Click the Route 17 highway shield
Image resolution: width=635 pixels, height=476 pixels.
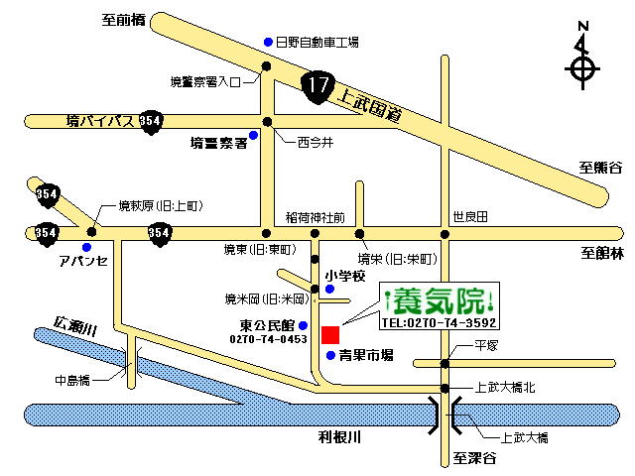tap(317, 87)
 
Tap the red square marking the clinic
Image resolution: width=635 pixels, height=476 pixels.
tap(330, 335)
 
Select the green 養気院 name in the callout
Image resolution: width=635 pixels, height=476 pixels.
tap(439, 301)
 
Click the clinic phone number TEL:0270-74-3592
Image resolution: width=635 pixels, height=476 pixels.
tap(439, 322)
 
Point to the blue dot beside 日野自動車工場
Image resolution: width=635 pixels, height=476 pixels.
tap(268, 42)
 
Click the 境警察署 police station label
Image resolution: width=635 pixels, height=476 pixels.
tap(218, 143)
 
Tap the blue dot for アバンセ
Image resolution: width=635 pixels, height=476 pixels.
tap(86, 247)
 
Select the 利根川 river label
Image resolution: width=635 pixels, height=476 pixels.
tap(339, 437)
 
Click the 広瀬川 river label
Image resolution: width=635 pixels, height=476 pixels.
tap(75, 325)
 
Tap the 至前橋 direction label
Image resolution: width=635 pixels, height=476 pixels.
tap(123, 20)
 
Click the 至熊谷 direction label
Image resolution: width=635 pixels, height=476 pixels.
tap(600, 168)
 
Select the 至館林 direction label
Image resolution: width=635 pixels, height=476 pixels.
tap(602, 254)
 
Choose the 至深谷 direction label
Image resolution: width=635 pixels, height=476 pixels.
tap(474, 458)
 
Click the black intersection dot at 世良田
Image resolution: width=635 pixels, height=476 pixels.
tap(444, 234)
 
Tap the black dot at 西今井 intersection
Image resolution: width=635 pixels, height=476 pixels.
tap(267, 121)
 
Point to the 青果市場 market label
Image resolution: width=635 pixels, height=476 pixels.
tap(366, 355)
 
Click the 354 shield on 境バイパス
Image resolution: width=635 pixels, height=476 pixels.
tap(151, 122)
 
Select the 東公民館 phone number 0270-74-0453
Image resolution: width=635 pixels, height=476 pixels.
tap(268, 339)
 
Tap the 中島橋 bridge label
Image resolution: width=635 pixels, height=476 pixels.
tap(72, 381)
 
